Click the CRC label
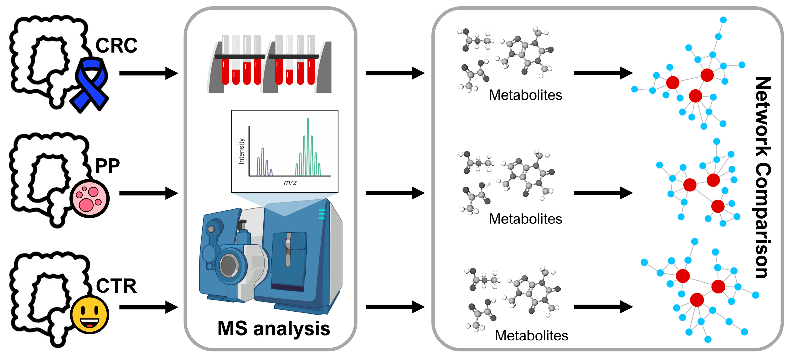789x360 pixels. click(x=116, y=45)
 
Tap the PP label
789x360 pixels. click(x=107, y=166)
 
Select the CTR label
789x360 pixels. click(x=116, y=286)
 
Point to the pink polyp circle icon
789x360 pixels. click(x=89, y=198)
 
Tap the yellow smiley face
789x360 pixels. click(x=89, y=314)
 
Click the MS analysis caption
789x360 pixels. click(x=273, y=329)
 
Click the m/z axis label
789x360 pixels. click(x=290, y=183)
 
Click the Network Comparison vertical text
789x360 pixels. click(x=763, y=177)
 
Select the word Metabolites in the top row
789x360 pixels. click(x=525, y=95)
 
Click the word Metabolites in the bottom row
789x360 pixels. click(x=531, y=336)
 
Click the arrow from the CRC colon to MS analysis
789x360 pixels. click(x=148, y=73)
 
